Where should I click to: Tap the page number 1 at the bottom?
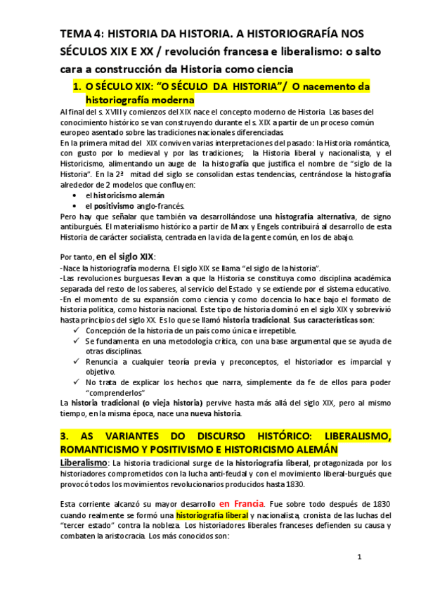pyautogui.click(x=359, y=557)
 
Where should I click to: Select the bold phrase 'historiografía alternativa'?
pyautogui.click(x=316, y=216)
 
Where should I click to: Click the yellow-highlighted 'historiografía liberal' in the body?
pyautogui.click(x=212, y=515)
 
